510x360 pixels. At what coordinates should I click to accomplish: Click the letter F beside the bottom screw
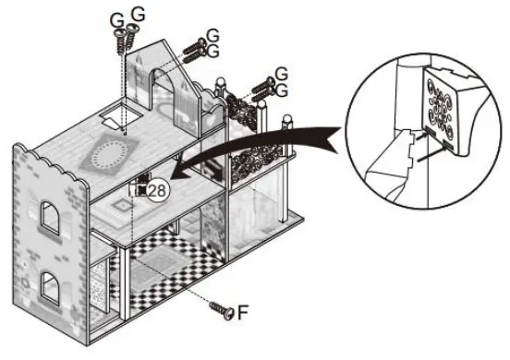244,312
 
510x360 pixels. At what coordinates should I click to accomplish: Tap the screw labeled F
222,307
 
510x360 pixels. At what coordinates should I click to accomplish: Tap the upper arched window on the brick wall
50,221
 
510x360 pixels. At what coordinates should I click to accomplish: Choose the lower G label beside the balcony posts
282,90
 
